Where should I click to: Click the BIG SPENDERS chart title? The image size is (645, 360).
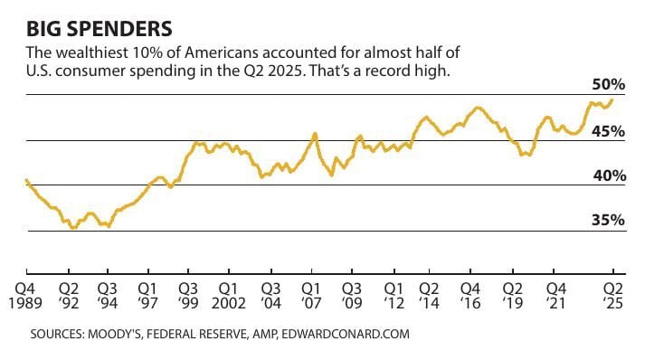click(90, 19)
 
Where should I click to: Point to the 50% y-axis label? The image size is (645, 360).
click(611, 84)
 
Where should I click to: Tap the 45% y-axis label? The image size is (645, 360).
click(611, 130)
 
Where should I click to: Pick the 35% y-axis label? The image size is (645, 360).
click(611, 220)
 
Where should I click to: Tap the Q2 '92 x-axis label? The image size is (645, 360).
click(69, 295)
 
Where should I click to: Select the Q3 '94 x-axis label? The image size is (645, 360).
click(108, 295)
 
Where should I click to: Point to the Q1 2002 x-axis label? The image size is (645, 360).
click(228, 295)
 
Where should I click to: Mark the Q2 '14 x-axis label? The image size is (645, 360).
click(430, 295)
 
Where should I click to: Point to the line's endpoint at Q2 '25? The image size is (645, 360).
click(613, 99)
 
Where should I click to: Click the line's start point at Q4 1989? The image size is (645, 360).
click(27, 180)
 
